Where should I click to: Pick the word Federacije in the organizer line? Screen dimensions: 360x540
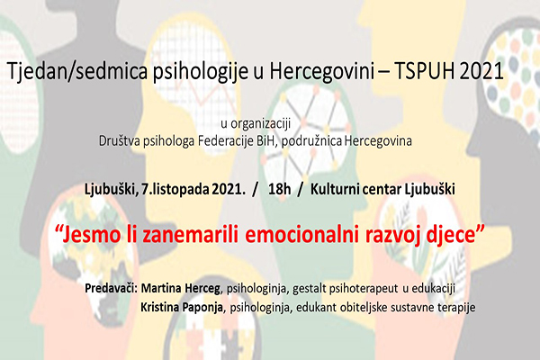(241, 140)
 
